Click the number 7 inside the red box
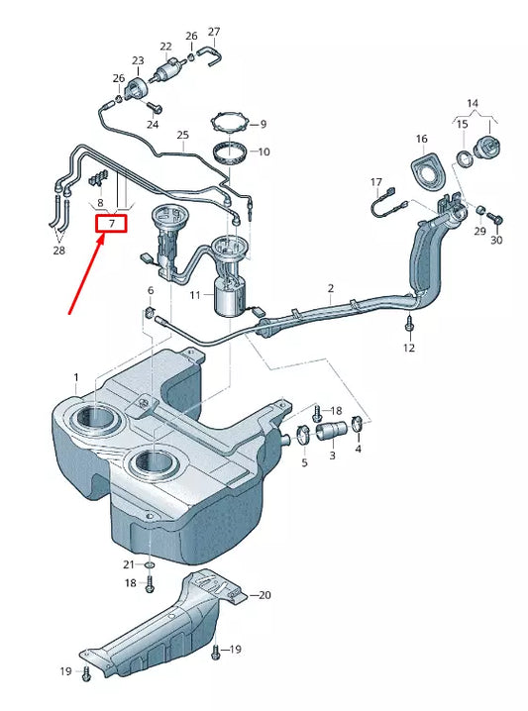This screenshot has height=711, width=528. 112,224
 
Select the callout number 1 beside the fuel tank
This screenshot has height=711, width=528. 76,377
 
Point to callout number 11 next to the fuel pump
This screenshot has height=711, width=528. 195,295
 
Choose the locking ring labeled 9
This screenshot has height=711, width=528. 232,124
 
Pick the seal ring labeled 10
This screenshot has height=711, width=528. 231,153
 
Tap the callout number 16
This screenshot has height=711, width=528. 421,140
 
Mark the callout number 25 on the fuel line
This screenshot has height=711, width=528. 182,135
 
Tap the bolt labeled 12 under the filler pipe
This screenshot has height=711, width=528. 409,324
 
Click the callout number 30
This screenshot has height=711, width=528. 496,241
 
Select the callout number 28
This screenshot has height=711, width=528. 58,251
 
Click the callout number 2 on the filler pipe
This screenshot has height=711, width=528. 330,288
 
